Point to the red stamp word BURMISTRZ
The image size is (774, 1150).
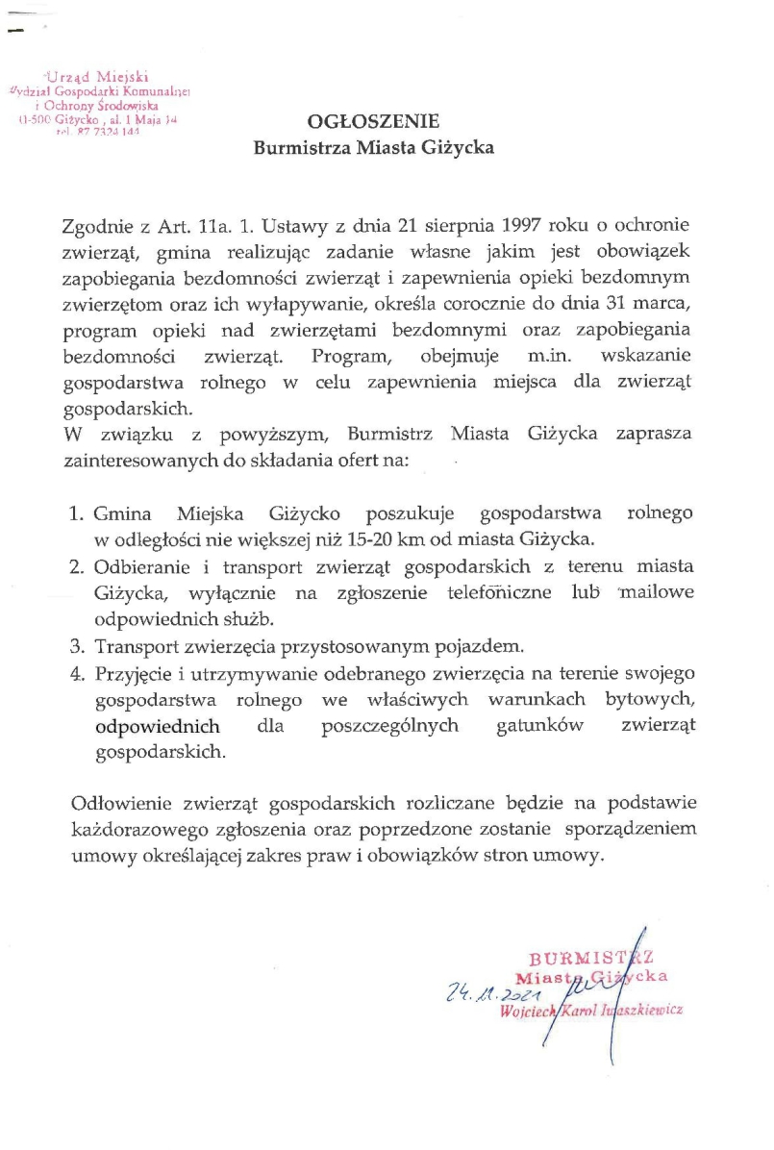point(587,957)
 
